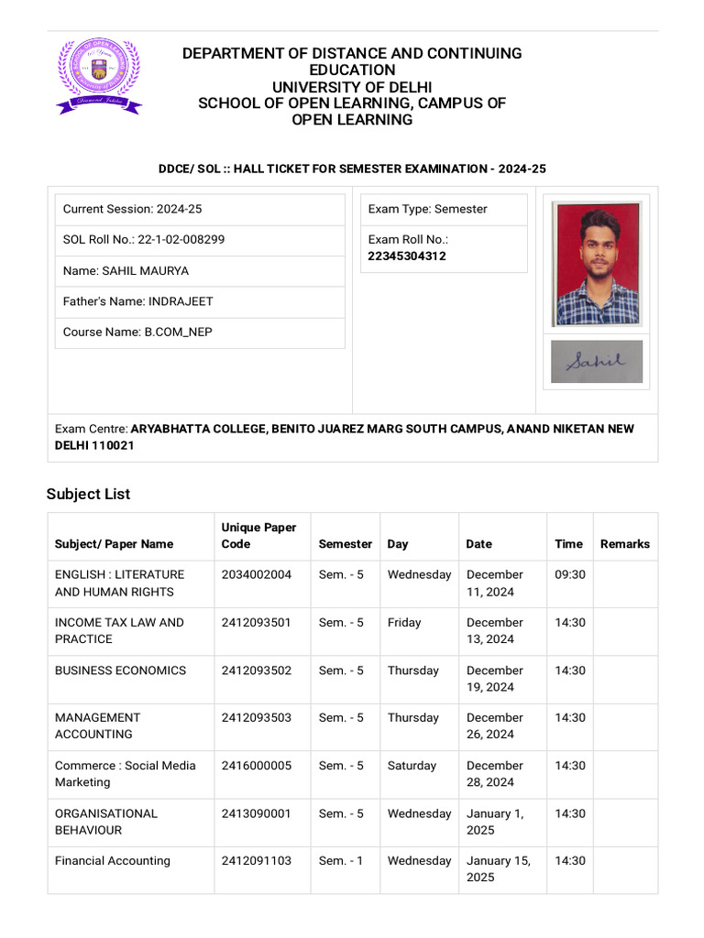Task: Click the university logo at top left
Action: tap(99, 76)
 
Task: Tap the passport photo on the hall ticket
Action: tap(597, 263)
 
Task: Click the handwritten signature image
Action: tap(597, 362)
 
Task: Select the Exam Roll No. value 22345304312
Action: tap(407, 256)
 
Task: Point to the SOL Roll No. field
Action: tap(144, 240)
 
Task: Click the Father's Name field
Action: tap(137, 301)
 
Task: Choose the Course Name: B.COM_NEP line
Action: tap(137, 333)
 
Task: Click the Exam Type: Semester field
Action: tap(428, 210)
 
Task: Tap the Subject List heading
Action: tap(88, 494)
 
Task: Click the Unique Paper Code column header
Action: tap(258, 536)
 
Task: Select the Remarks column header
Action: tap(624, 544)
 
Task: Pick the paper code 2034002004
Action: tap(257, 574)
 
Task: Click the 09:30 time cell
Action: tap(569, 574)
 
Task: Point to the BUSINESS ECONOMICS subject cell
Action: tap(120, 671)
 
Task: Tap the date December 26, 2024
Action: tap(495, 725)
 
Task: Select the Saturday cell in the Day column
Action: tap(412, 766)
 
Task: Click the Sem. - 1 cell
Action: tap(341, 861)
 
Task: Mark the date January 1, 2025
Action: tap(495, 822)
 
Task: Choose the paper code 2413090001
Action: tap(257, 813)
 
